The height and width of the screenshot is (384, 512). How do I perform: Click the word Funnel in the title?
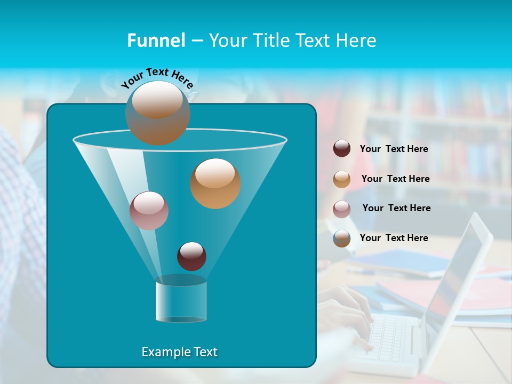click(x=156, y=41)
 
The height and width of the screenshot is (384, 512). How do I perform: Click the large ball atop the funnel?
click(x=158, y=113)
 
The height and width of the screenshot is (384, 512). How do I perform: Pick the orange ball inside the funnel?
click(x=215, y=183)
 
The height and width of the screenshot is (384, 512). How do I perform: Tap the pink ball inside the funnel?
click(x=149, y=211)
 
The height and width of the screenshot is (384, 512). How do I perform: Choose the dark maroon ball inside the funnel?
click(x=191, y=256)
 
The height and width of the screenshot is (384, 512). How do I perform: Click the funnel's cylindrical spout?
click(x=181, y=301)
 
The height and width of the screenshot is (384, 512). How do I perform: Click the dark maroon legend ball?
click(x=342, y=149)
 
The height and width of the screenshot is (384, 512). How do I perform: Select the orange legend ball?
click(x=342, y=179)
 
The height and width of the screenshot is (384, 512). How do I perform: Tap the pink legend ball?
click(x=342, y=209)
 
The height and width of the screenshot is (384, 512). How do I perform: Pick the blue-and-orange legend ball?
click(x=342, y=238)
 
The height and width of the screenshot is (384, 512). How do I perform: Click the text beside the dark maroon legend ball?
click(x=394, y=149)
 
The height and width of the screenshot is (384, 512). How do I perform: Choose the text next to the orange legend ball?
click(x=395, y=179)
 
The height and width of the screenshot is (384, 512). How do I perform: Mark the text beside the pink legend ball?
click(x=396, y=209)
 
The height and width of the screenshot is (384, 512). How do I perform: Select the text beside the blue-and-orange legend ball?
click(x=394, y=238)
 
